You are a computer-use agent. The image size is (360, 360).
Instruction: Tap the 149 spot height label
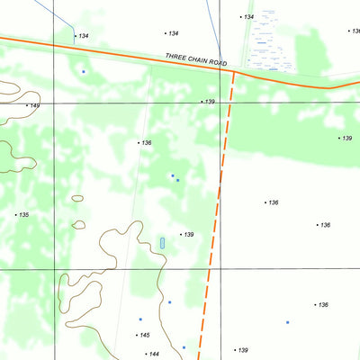click(34, 106)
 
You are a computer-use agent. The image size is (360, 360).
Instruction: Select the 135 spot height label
click(22, 215)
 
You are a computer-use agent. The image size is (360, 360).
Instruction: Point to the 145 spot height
click(143, 335)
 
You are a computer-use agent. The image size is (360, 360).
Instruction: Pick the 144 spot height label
click(152, 354)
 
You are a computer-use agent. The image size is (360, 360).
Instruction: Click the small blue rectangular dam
click(162, 243)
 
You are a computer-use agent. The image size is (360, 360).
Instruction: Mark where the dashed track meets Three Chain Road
click(233, 70)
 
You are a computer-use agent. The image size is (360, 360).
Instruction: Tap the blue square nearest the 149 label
click(84, 71)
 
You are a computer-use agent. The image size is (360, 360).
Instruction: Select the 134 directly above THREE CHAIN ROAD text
click(172, 33)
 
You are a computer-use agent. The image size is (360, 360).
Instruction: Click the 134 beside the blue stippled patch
click(248, 17)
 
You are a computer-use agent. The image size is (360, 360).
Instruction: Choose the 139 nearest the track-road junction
click(209, 102)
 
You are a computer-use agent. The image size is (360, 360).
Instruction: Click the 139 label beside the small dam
click(187, 235)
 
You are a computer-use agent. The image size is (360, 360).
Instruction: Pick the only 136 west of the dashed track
click(145, 143)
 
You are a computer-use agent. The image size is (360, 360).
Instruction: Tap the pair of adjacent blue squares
click(175, 178)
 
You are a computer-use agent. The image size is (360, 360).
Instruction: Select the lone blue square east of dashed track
click(288, 322)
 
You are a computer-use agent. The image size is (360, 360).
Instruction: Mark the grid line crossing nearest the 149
click(53, 103)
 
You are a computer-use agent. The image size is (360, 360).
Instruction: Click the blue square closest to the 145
click(140, 319)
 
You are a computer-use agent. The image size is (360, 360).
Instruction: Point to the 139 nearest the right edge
click(346, 139)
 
